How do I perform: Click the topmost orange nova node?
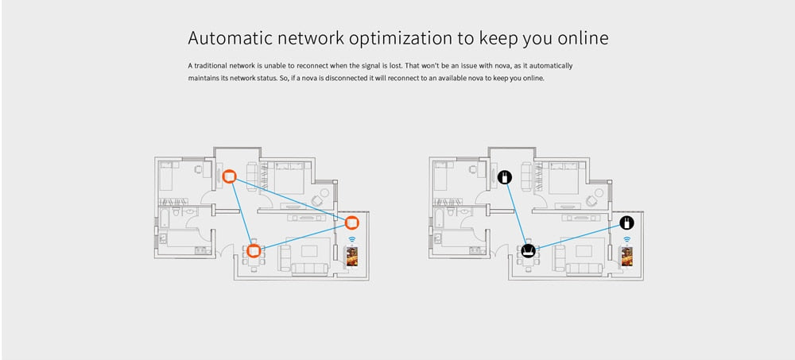(229, 176)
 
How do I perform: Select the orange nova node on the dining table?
(254, 251)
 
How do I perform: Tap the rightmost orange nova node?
(351, 221)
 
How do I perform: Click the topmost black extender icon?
(503, 176)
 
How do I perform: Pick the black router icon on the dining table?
(528, 251)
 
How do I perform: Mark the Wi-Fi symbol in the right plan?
(626, 239)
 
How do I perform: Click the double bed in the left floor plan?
(282, 176)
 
